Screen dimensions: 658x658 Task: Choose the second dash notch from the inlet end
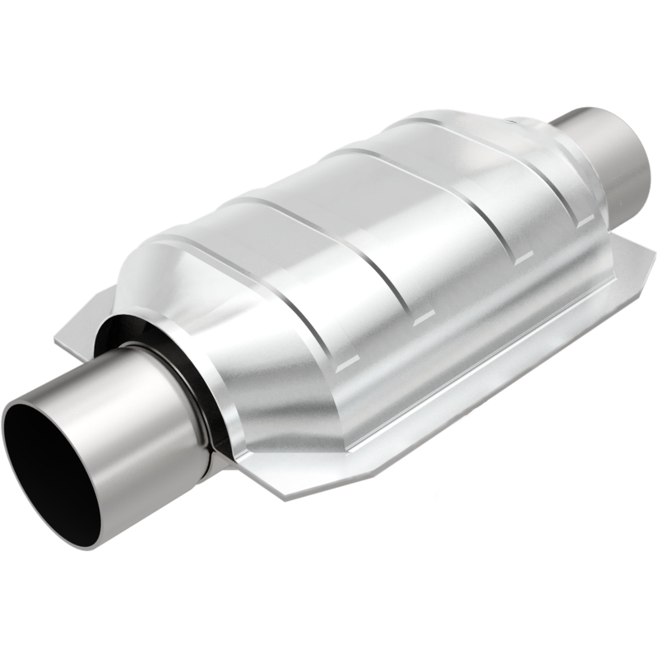coord(419,316)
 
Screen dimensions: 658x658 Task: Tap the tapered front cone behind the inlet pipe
coord(214,329)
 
